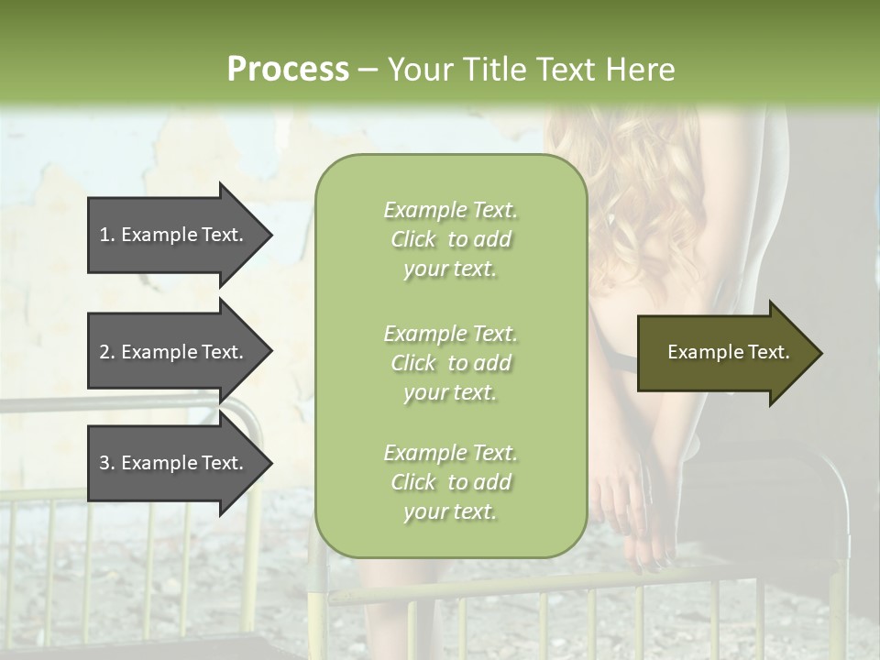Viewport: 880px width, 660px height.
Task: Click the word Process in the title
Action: click(x=288, y=70)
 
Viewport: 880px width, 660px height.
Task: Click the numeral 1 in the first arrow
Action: click(x=104, y=235)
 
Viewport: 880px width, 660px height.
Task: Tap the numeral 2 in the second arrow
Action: click(x=104, y=352)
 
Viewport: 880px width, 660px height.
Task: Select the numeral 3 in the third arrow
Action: click(x=104, y=463)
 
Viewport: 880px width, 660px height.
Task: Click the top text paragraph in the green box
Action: click(x=450, y=239)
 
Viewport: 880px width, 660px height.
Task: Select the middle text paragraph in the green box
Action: click(x=450, y=362)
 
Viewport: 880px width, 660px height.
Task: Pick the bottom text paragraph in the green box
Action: click(x=450, y=482)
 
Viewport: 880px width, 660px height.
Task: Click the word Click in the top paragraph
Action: click(x=413, y=239)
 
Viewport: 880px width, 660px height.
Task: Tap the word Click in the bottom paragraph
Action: click(x=413, y=482)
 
